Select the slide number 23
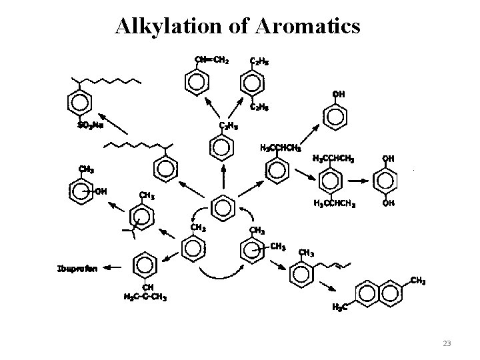pyautogui.click(x=447, y=343)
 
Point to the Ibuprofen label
pyautogui.click(x=77, y=269)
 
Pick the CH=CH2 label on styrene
pyautogui.click(x=211, y=59)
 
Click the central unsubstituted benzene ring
pyautogui.click(x=223, y=208)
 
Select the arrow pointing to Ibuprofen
pyautogui.click(x=112, y=268)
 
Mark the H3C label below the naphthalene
pyautogui.click(x=340, y=308)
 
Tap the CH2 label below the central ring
pyautogui.click(x=198, y=227)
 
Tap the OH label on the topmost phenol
pyautogui.click(x=339, y=94)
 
